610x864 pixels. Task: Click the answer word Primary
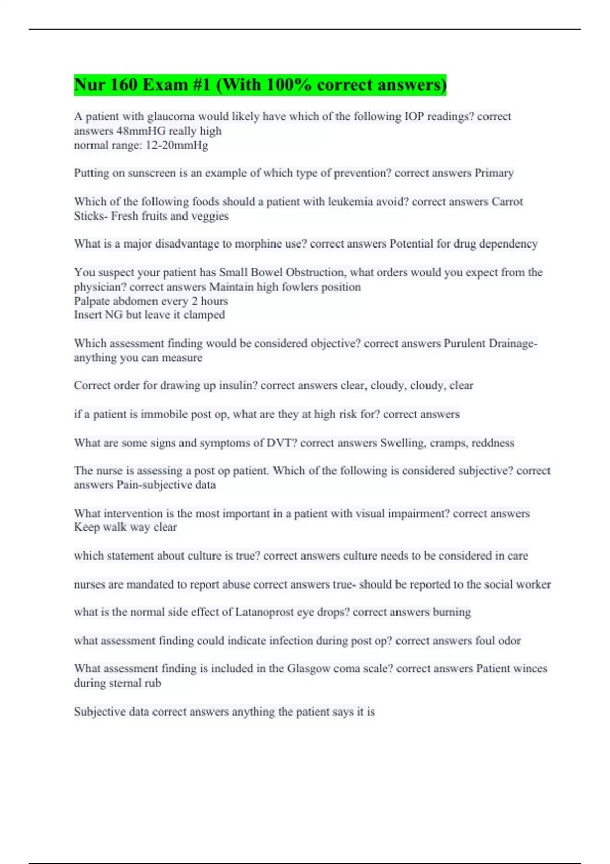(494, 173)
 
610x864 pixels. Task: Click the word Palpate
(91, 301)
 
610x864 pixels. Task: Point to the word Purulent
(465, 344)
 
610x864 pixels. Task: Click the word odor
(509, 641)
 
